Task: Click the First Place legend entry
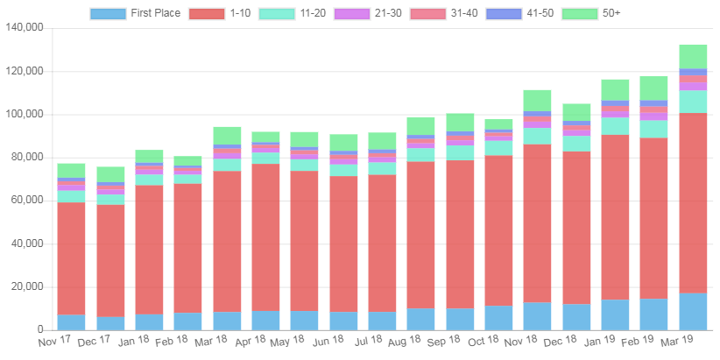(136, 13)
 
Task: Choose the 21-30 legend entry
(368, 13)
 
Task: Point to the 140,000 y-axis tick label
(25, 27)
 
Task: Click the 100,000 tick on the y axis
(25, 114)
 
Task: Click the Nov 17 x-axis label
(55, 340)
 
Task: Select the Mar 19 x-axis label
(677, 340)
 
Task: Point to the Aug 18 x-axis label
(405, 340)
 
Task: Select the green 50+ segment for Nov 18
(537, 100)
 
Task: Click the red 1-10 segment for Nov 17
(71, 258)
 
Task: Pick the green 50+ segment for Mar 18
(227, 135)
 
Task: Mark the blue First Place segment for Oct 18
(498, 317)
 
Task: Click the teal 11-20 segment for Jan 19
(615, 125)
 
